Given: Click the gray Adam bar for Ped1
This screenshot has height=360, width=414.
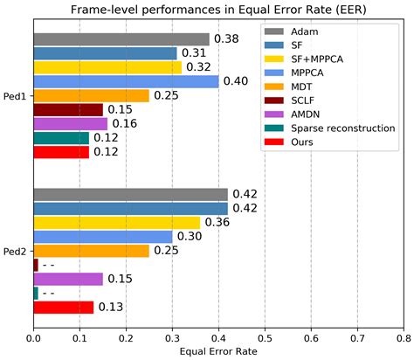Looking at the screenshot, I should click(121, 39).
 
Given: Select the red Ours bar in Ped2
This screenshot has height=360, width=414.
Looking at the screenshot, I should click(63, 307).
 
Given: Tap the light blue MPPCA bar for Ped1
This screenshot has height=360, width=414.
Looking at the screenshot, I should click(125, 81).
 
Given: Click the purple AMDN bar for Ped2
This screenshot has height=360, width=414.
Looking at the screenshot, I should click(67, 279).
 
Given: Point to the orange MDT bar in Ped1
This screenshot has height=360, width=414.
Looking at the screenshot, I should click(91, 95).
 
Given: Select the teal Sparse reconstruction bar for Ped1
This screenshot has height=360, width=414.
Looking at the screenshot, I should click(60, 137).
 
